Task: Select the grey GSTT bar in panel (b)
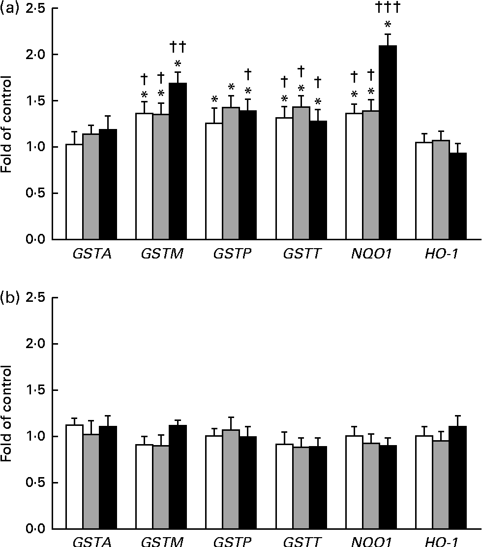[301, 488]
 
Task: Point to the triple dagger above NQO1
[388, 7]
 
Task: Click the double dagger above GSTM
[178, 47]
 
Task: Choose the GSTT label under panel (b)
[301, 542]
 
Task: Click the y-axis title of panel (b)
[7, 413]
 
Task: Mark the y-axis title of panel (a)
[7, 124]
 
